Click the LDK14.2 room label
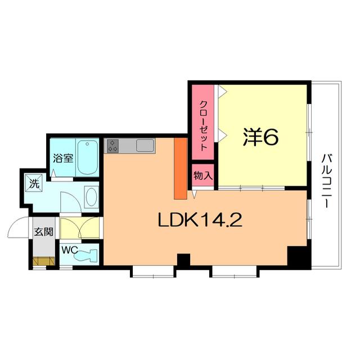pyautogui.click(x=200, y=220)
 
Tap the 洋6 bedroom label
pyautogui.click(x=260, y=137)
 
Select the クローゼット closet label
pyautogui.click(x=204, y=125)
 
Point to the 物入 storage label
pyautogui.click(x=203, y=176)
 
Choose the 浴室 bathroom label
pyautogui.click(x=63, y=158)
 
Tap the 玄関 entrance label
pyautogui.click(x=44, y=231)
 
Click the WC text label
pyautogui.click(x=69, y=250)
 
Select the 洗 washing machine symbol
pyautogui.click(x=34, y=183)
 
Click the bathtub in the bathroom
pyautogui.click(x=88, y=157)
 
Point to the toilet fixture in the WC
pyautogui.click(x=87, y=255)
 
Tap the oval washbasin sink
pyautogui.click(x=91, y=197)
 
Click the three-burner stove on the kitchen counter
pyautogui.click(x=112, y=146)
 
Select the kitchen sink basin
pyautogui.click(x=145, y=145)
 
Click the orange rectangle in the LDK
pyautogui.click(x=181, y=169)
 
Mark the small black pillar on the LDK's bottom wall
pyautogui.click(x=184, y=260)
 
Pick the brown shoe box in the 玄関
pyautogui.click(x=44, y=261)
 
